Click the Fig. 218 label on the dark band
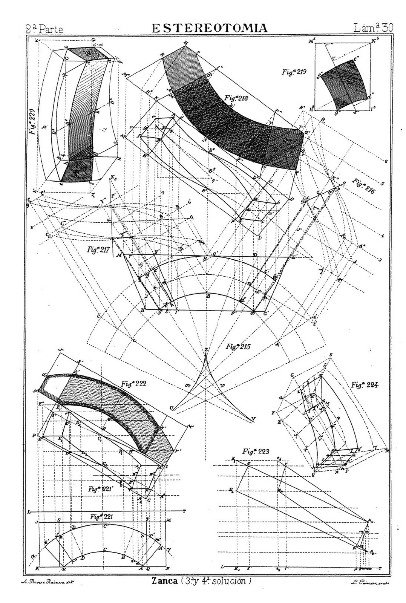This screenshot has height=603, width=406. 235,99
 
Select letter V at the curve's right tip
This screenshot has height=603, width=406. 253,419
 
